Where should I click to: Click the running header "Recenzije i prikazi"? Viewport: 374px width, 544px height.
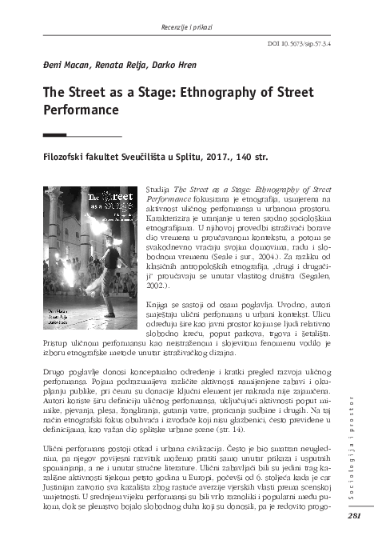(x=188, y=10)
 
